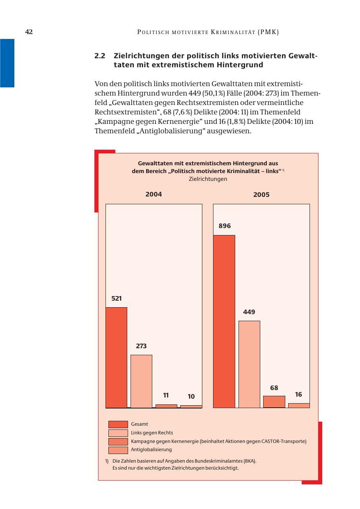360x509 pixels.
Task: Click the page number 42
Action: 29,32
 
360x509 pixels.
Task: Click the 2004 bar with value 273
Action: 141,381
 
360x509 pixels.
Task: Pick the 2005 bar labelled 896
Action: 224,321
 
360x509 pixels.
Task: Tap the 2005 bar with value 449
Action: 249,364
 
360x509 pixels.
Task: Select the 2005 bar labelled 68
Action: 274,402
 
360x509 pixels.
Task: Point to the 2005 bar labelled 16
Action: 299,406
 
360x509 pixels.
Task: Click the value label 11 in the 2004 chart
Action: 166,395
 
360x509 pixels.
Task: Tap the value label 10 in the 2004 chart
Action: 191,397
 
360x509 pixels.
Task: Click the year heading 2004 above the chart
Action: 154,194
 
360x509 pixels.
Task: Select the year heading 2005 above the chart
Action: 261,194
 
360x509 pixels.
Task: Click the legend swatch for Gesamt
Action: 118,424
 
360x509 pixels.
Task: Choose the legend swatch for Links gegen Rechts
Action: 118,433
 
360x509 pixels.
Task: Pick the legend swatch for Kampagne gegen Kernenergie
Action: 118,441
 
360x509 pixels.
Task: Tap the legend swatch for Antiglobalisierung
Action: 118,450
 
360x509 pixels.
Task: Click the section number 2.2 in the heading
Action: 100,56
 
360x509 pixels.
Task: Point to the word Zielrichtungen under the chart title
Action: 208,179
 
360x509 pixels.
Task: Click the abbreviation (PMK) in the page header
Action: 268,32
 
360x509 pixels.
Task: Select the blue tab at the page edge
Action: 7,63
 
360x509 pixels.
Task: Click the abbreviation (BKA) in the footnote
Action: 250,461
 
